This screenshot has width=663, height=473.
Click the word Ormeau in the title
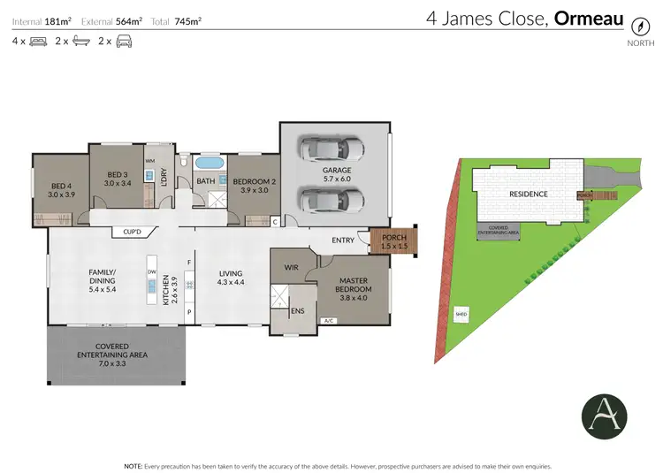coord(589,18)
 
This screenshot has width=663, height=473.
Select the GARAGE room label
coord(337,173)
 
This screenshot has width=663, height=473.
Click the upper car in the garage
coord(330,149)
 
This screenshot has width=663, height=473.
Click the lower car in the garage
coord(330,201)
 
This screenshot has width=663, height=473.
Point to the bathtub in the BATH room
coord(209,164)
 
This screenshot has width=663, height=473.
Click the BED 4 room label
coord(59,189)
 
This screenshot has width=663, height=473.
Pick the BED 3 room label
coord(118,179)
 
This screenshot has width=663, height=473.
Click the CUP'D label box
coord(134,233)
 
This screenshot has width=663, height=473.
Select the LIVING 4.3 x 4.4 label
coord(232,278)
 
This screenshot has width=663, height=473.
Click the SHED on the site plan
coord(461,313)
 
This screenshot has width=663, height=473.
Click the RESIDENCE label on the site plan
coord(528,194)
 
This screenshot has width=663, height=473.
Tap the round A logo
coord(603,414)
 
